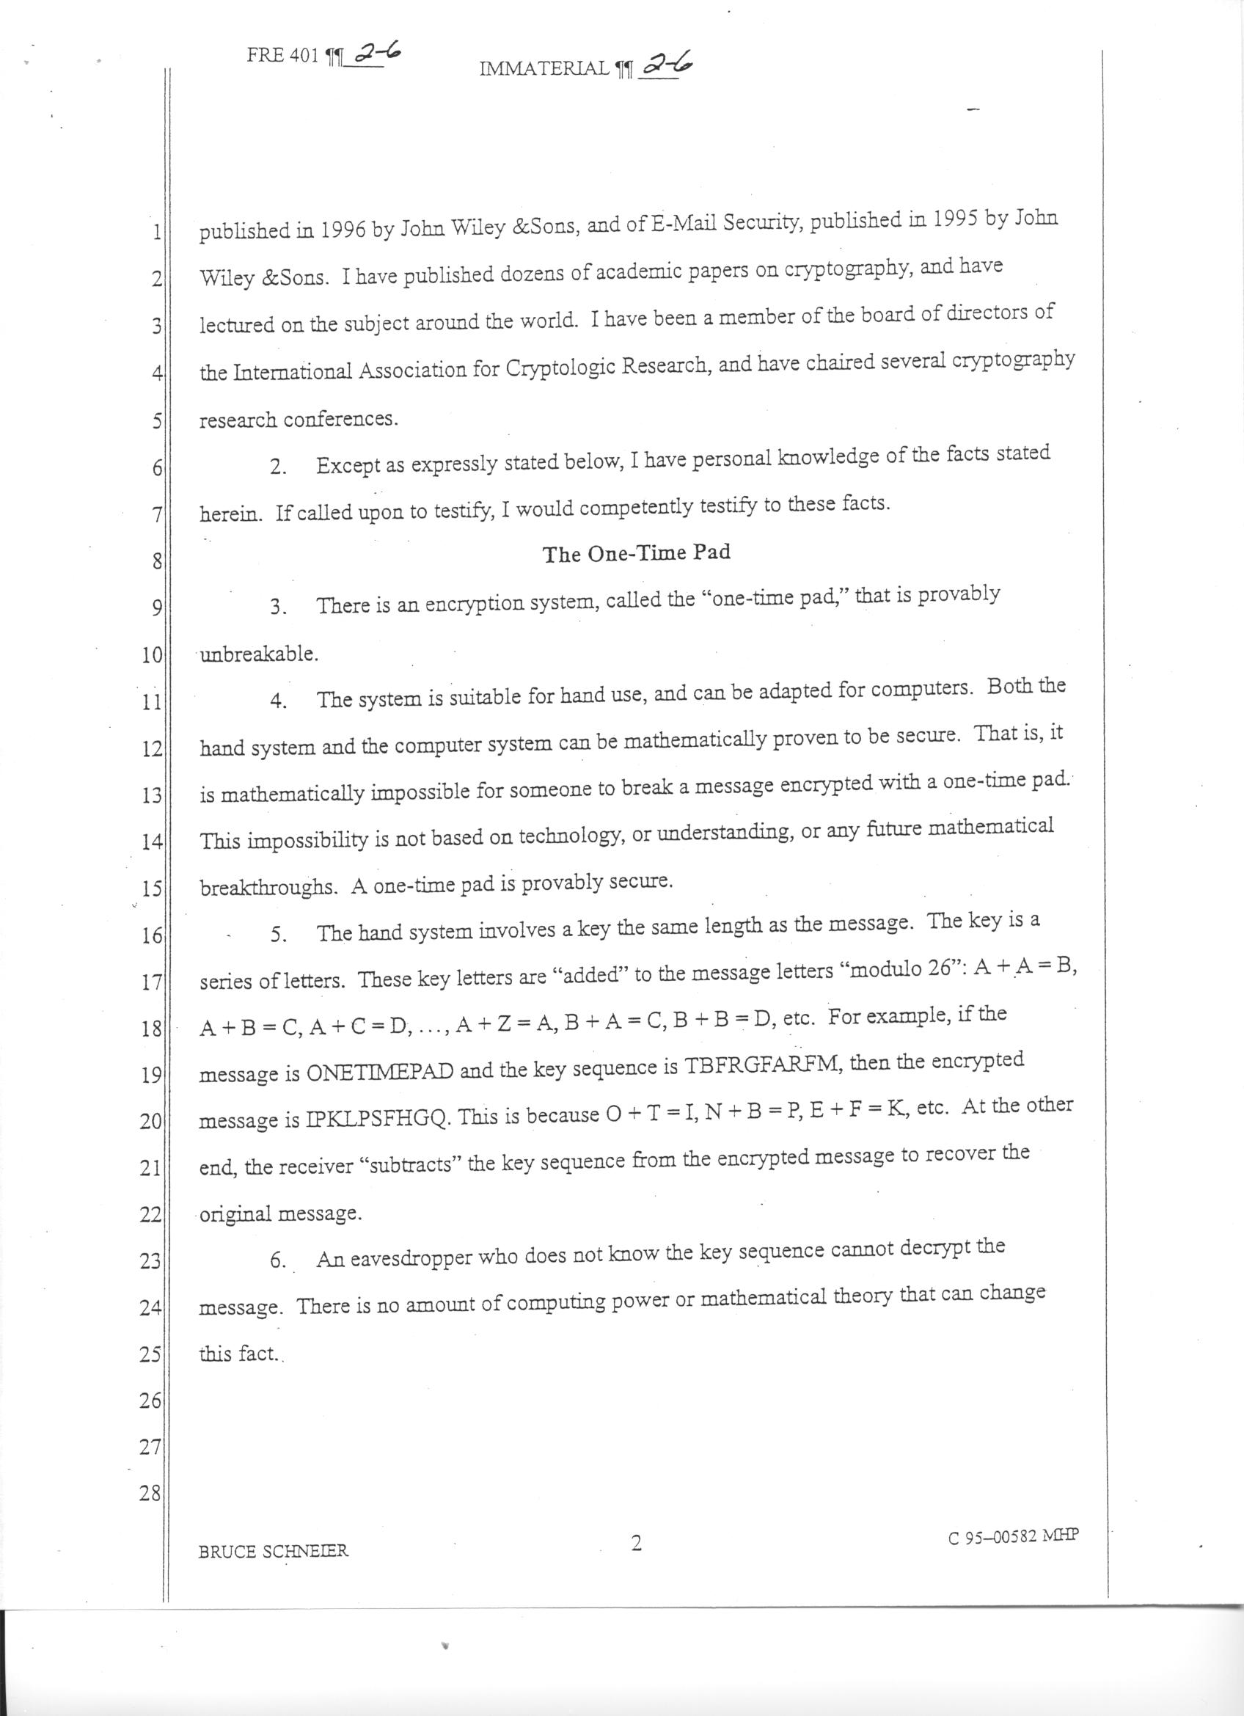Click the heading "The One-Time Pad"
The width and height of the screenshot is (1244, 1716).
(636, 553)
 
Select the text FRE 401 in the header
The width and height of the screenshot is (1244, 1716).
(283, 57)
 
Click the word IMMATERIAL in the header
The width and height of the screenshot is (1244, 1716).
(544, 70)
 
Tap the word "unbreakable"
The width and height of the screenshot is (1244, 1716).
(259, 654)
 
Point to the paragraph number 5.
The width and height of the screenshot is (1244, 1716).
(279, 935)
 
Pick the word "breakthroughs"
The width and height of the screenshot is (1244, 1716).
(268, 888)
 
